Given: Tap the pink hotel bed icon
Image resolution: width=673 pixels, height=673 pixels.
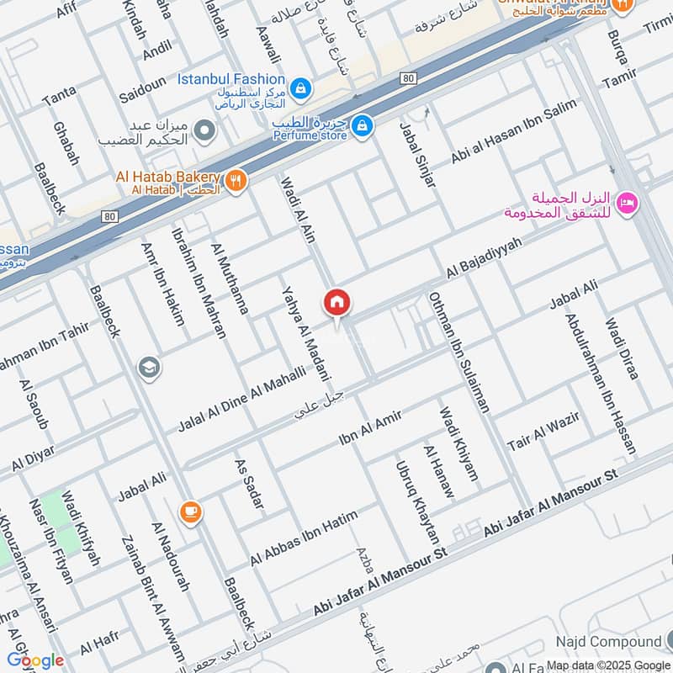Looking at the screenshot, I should pos(627,203).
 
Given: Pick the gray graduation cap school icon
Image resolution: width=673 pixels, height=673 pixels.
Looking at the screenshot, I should pos(150,368).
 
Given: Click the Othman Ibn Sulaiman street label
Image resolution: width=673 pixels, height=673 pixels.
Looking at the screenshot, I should pos(458,352).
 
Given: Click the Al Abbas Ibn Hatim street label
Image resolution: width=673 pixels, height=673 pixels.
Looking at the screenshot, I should pos(304,538).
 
